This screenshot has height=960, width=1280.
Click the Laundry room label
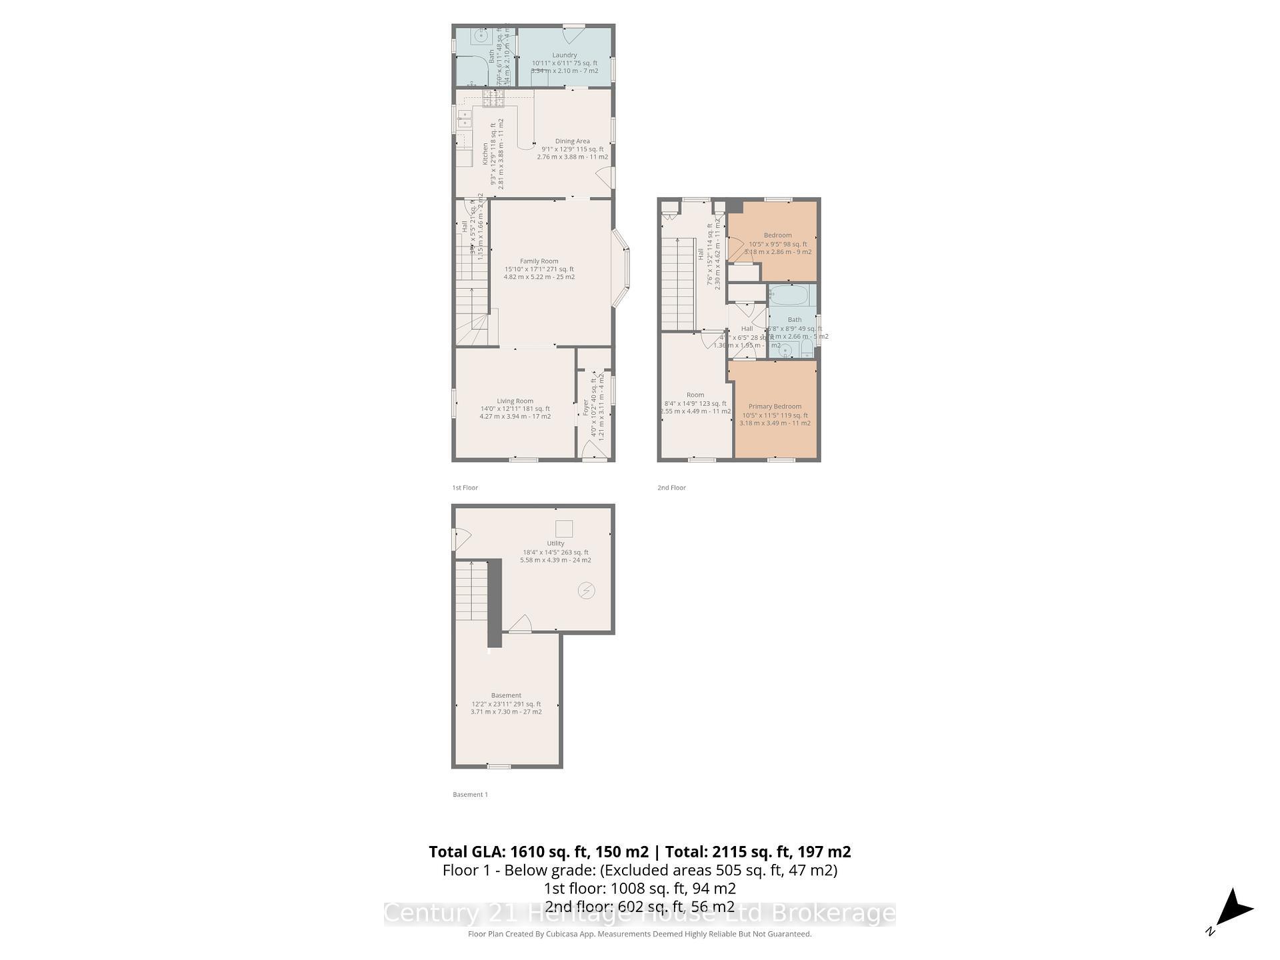click(564, 55)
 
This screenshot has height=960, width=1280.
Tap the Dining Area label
click(572, 141)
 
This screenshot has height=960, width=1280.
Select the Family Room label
click(539, 261)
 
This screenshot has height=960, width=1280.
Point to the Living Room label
click(515, 401)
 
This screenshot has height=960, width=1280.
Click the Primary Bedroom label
click(775, 407)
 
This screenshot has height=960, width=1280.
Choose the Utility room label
click(555, 543)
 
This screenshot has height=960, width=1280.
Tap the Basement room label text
click(506, 695)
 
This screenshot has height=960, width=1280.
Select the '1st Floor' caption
click(465, 488)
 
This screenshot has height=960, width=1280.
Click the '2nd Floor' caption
click(671, 488)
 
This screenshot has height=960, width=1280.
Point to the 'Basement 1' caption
click(470, 795)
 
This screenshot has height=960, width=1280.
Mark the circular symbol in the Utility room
click(586, 591)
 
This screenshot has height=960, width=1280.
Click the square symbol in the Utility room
click(564, 528)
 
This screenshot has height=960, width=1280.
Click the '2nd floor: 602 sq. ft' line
click(639, 907)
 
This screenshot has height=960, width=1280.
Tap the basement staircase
click(471, 591)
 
